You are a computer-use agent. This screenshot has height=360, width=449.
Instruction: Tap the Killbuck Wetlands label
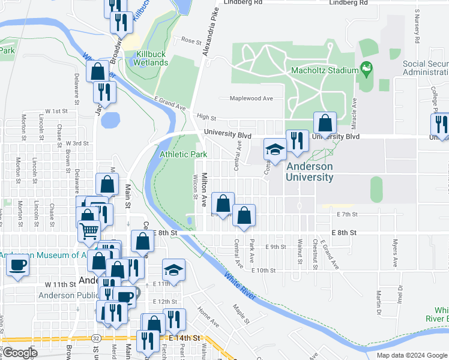point(151,58)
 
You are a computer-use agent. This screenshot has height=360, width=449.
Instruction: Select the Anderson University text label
point(310,172)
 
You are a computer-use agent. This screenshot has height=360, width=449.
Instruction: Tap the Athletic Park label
point(183,154)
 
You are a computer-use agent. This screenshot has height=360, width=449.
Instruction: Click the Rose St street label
point(191,41)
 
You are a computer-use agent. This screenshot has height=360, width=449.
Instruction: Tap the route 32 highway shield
point(96,338)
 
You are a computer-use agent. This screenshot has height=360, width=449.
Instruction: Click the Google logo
point(20,353)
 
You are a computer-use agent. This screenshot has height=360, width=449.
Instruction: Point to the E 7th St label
point(348,214)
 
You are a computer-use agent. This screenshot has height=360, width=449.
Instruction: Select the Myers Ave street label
point(395,254)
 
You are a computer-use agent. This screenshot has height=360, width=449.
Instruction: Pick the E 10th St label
point(265,271)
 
